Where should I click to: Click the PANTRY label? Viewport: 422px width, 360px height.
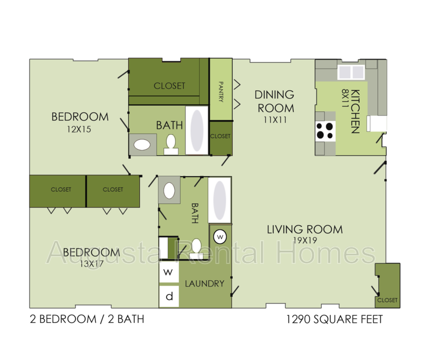pyautogui.click(x=221, y=91)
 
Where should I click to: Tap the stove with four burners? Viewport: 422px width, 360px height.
pyautogui.click(x=325, y=130)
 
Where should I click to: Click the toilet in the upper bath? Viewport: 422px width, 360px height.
pyautogui.click(x=171, y=144)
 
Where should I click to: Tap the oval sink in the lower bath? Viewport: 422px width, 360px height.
pyautogui.click(x=169, y=190)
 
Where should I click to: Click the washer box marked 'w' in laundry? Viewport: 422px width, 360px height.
pyautogui.click(x=169, y=273)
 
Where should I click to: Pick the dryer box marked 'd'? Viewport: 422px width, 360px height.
pyautogui.click(x=169, y=296)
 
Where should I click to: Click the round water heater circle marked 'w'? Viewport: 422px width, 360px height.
pyautogui.click(x=220, y=235)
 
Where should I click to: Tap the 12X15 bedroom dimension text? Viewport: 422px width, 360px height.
pyautogui.click(x=80, y=128)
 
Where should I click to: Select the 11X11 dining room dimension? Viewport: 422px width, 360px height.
pyautogui.click(x=274, y=120)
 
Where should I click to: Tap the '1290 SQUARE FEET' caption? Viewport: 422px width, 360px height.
pyautogui.click(x=333, y=319)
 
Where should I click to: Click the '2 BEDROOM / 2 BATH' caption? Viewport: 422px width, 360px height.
pyautogui.click(x=87, y=319)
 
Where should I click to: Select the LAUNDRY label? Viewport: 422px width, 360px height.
pyautogui.click(x=205, y=283)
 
